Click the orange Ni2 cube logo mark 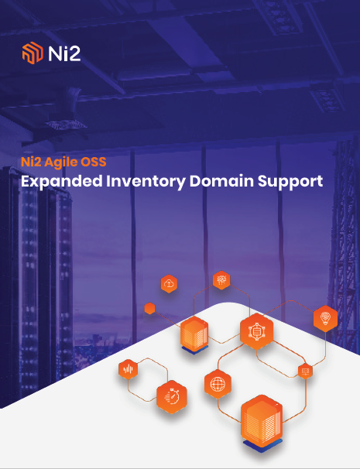[33, 53]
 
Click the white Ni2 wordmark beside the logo [64, 53]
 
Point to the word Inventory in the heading [146, 182]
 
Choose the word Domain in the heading [221, 181]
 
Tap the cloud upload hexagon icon [169, 283]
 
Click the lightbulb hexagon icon [325, 318]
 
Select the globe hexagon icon [218, 384]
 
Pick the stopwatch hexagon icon [172, 397]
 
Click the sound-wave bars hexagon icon [128, 369]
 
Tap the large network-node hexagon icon [256, 331]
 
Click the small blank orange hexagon [149, 308]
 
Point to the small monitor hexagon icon [305, 371]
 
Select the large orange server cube [262, 422]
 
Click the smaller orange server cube [194, 335]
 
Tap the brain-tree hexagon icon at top [221, 280]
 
